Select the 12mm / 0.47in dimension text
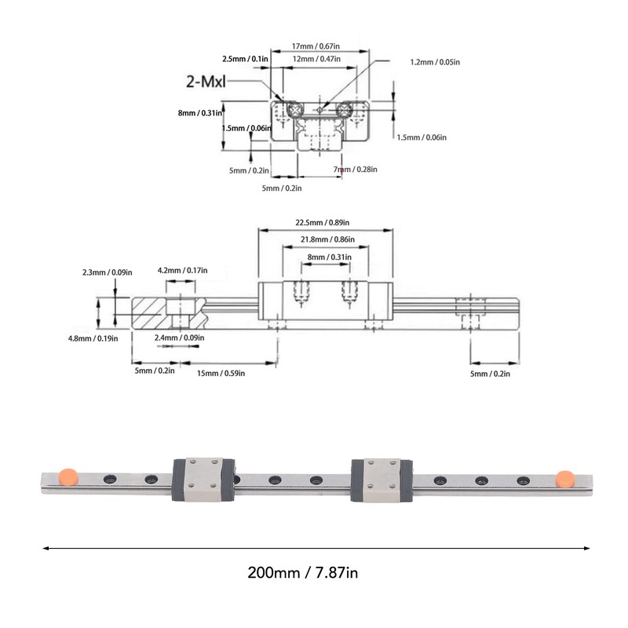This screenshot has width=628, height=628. pos(320,59)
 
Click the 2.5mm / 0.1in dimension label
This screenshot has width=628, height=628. pos(245,59)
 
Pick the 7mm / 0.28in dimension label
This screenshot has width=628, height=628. pos(355,169)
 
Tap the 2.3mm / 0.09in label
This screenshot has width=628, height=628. pos(107,272)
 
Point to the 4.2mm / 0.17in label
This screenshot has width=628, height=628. pos(182,271)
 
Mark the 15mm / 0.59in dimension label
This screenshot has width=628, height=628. pos(221,374)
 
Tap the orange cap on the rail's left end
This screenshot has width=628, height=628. pos(68,476)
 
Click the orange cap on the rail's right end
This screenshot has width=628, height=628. pos(563,477)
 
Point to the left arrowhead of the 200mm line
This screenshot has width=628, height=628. pos(46,548)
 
